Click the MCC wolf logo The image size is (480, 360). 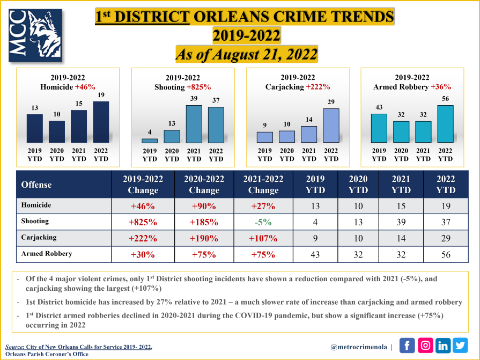pos(36,36)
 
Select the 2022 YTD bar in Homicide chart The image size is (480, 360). pos(101,122)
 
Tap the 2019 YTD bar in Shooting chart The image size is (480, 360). pos(150,141)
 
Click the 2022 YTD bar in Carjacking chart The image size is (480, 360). pos(331,126)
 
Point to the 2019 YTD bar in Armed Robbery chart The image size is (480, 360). pos(379,128)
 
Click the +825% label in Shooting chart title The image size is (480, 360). pos(198,87)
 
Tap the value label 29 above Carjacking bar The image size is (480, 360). pos(331,102)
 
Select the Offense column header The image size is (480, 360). pos(36,185)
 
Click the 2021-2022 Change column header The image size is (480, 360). pos(264,185)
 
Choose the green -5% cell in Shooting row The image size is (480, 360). pos(264,222)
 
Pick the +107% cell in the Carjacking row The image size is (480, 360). pos(264,238)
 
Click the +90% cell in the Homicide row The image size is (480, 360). pos(204,205)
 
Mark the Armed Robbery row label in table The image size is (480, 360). pos(47,254)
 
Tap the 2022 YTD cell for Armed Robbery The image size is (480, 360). pos(446,255)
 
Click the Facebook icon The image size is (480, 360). pos(407,346)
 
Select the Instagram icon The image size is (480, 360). pos(425,346)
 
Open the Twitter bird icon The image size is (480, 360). pos(460,346)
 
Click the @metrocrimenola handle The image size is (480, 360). pos(359,347)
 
